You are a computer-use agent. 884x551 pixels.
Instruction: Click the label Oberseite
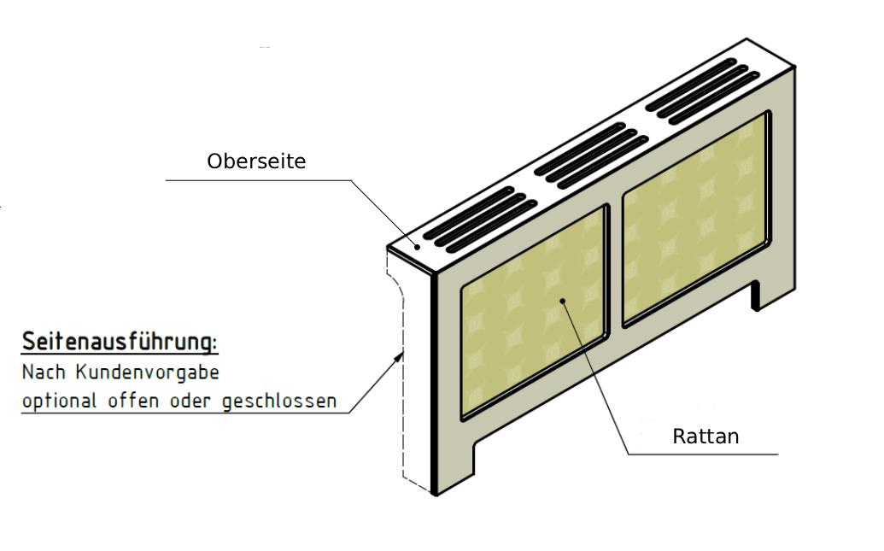point(256,161)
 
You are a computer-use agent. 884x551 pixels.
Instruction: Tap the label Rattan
point(705,437)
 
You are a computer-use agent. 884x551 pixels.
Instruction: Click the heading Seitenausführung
point(120,342)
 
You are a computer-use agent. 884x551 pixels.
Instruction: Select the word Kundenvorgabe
point(147,372)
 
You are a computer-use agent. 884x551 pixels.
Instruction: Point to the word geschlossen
point(279,402)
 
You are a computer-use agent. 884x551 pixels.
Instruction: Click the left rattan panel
point(533,313)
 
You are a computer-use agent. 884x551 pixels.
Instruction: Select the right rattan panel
point(696,219)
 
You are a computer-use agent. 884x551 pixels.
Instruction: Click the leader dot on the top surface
point(417,247)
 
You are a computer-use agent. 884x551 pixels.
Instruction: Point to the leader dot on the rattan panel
point(563,301)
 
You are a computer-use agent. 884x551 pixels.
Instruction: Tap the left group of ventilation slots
point(480,220)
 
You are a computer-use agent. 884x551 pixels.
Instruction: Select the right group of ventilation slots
point(702,92)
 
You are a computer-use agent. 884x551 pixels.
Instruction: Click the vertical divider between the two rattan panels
point(616,265)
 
